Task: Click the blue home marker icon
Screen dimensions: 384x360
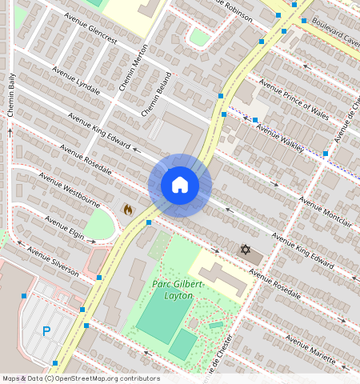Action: click(180, 185)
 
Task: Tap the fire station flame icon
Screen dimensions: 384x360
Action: click(127, 210)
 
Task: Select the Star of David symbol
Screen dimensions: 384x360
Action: click(246, 250)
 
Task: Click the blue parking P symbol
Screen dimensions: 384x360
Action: click(46, 330)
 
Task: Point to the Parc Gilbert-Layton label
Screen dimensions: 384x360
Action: click(178, 290)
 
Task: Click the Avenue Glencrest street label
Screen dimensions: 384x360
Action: click(93, 32)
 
